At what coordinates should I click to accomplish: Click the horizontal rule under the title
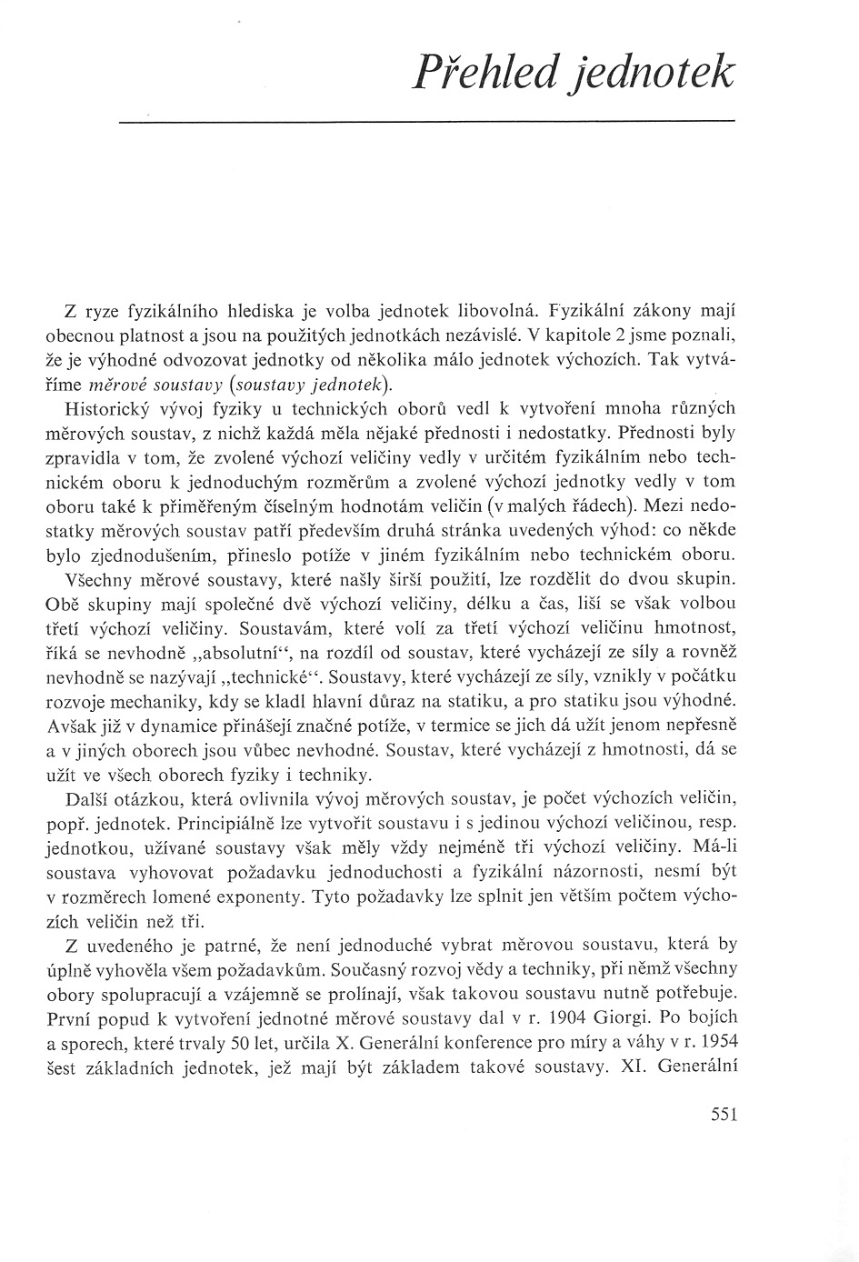[427, 120]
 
